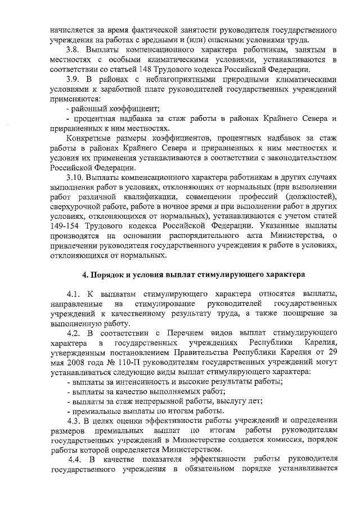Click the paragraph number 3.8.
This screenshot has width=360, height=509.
point(73,52)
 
